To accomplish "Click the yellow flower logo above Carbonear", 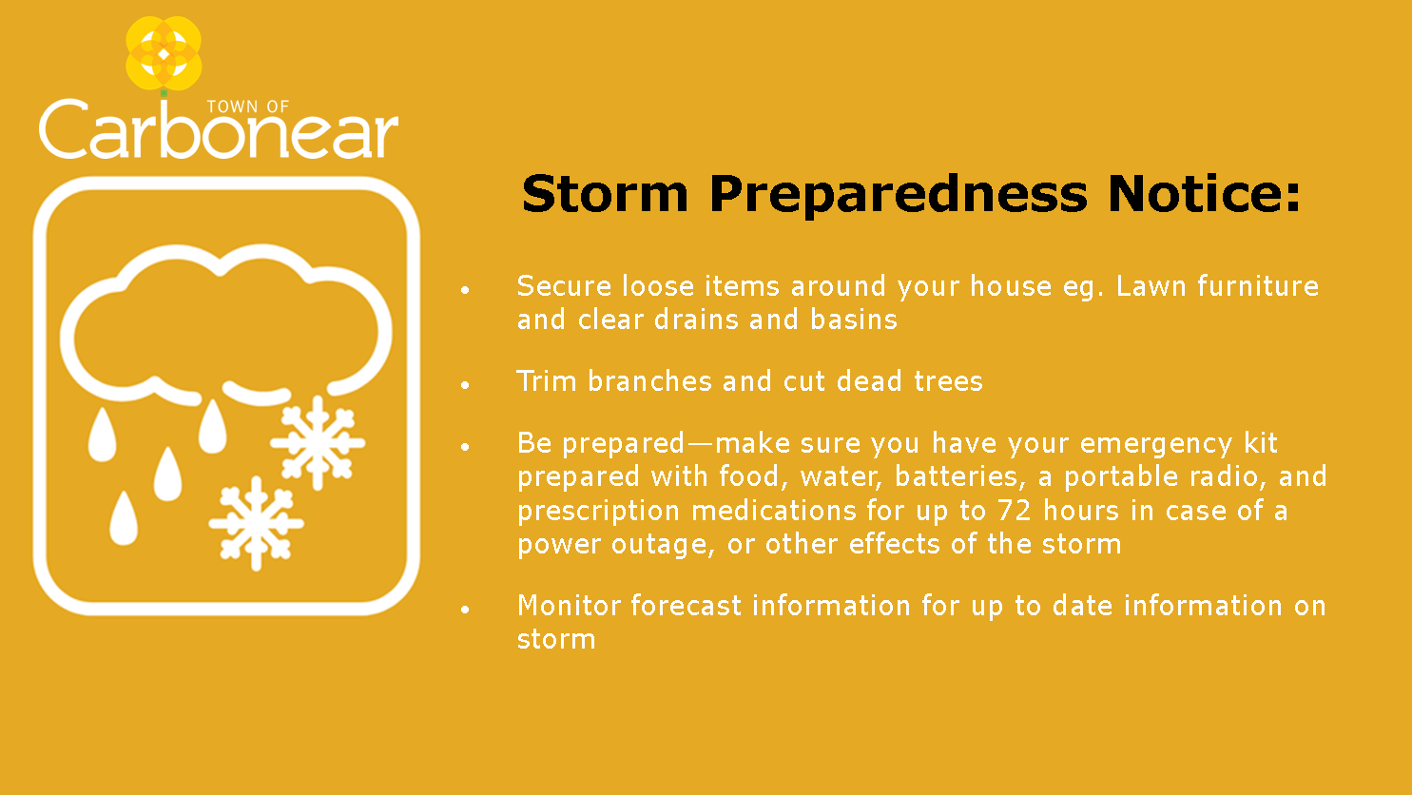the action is pyautogui.click(x=164, y=53).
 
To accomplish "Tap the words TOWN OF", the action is pyautogui.click(x=248, y=107).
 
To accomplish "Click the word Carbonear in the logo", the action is pyautogui.click(x=218, y=128).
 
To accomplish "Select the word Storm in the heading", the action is pyautogui.click(x=605, y=194).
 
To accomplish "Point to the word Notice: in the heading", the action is pyautogui.click(x=1204, y=194).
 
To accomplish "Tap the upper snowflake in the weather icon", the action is pyautogui.click(x=318, y=442).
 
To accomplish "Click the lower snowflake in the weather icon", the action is pyautogui.click(x=256, y=523).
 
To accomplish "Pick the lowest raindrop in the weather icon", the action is pyautogui.click(x=124, y=517).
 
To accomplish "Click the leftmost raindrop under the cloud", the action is pyautogui.click(x=102, y=435).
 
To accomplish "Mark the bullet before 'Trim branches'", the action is pyautogui.click(x=465, y=384).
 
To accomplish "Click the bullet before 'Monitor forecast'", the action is pyautogui.click(x=465, y=609).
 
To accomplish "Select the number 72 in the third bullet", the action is pyautogui.click(x=1015, y=511).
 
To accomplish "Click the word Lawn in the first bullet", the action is pyautogui.click(x=1151, y=286).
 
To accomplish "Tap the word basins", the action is pyautogui.click(x=854, y=320).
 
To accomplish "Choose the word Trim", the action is pyautogui.click(x=547, y=381).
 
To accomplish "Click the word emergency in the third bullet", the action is pyautogui.click(x=1156, y=444).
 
